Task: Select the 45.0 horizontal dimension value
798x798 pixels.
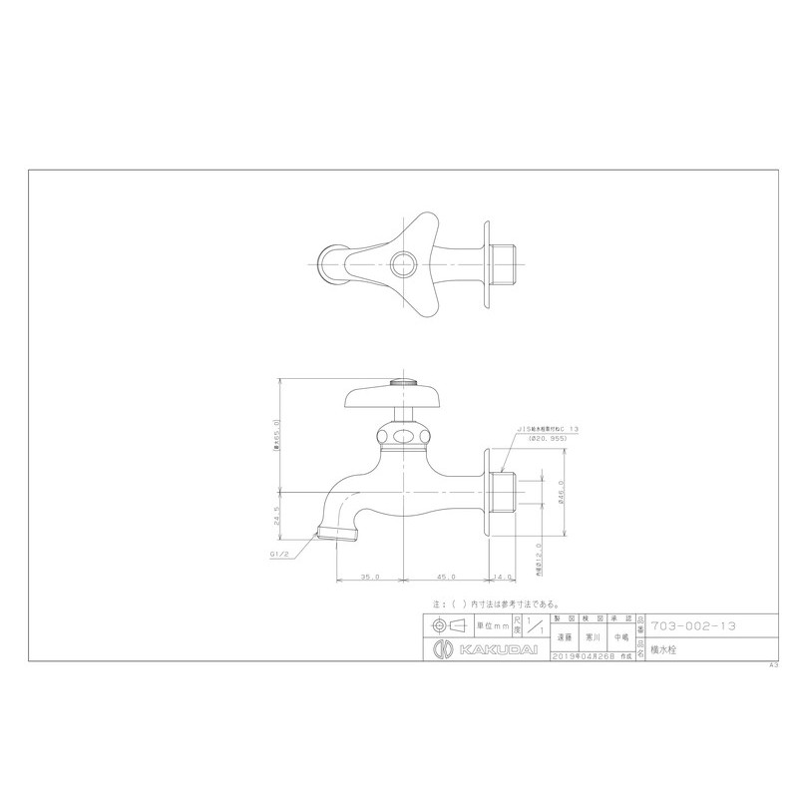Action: pos(446,577)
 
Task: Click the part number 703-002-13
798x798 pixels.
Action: pos(693,625)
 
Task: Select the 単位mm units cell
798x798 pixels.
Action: pos(491,625)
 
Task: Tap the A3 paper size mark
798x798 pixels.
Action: pos(773,664)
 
